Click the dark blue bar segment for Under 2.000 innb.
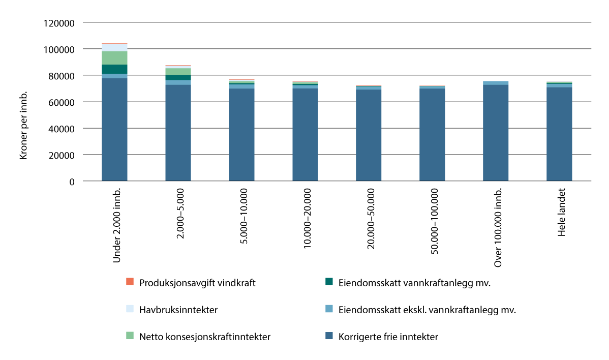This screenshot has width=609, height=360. coord(114,130)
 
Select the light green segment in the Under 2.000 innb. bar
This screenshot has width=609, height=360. coord(114,58)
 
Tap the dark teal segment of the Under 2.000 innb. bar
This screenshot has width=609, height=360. coord(114,69)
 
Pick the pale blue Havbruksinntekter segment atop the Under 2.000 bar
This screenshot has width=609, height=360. coord(114,47)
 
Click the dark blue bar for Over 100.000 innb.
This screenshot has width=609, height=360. coord(496,133)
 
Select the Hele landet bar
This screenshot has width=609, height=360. coord(559,134)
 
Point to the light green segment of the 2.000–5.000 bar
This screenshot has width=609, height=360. coord(178,72)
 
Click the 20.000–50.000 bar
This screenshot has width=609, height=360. coord(369,135)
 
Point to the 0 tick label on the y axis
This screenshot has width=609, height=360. coord(72,181)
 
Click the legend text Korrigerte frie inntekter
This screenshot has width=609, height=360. coord(388,336)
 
